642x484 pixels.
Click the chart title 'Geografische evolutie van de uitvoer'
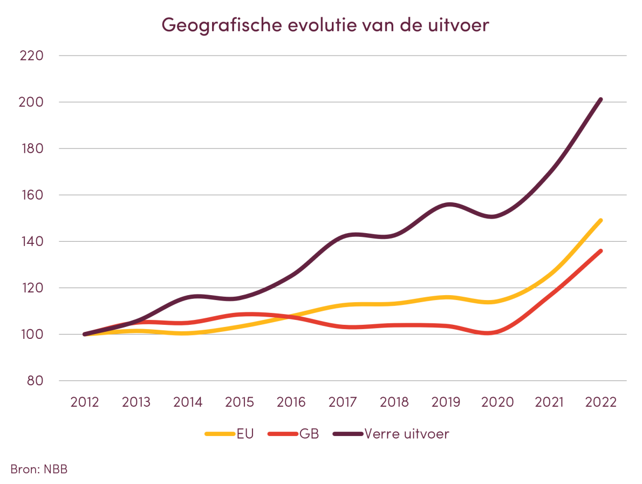click(325, 25)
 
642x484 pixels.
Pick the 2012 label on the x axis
click(85, 403)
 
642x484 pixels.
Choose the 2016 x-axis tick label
click(291, 403)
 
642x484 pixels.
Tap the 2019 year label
click(446, 403)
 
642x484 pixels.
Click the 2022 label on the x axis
click(600, 403)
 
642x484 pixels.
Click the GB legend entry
click(309, 434)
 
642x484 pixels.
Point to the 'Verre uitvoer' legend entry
click(406, 434)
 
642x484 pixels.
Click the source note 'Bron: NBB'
click(39, 469)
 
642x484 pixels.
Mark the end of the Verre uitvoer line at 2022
click(600, 100)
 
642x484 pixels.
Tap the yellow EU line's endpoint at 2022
click(600, 220)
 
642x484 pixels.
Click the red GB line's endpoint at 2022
click(600, 251)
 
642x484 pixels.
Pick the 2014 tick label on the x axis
click(188, 403)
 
